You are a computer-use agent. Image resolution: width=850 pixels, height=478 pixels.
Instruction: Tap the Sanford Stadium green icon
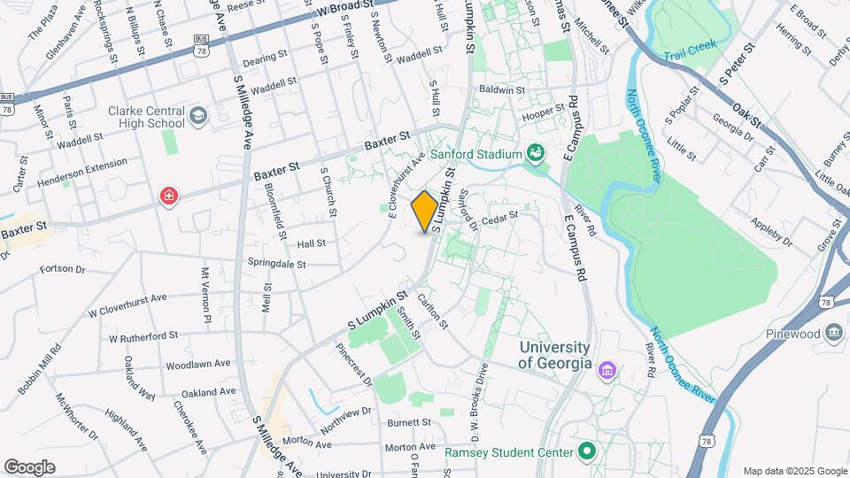pos(536,154)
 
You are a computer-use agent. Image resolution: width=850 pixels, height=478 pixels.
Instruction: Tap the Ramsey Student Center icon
pos(586,452)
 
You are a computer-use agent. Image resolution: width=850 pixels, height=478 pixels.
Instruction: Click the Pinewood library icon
pos(833,333)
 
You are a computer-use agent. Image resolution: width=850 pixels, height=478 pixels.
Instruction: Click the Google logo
pos(29,467)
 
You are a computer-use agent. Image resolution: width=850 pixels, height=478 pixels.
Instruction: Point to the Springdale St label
pos(276,264)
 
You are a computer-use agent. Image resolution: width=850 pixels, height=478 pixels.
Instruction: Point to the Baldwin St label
pos(502,90)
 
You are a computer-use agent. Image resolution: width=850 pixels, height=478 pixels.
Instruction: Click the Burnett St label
pos(408,422)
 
